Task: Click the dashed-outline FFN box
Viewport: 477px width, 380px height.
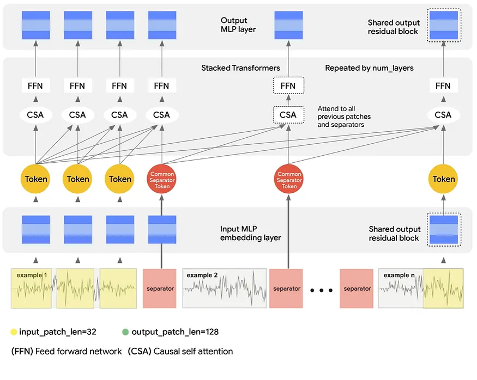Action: tap(288, 86)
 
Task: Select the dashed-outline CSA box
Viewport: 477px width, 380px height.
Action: tap(288, 115)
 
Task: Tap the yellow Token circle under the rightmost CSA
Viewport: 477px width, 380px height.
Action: tap(443, 179)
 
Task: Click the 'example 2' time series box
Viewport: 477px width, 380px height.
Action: tap(225, 288)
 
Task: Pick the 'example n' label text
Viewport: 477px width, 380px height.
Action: tap(400, 275)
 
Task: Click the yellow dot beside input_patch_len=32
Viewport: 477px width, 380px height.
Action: tap(13, 332)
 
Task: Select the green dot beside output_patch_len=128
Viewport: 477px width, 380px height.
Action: tap(125, 332)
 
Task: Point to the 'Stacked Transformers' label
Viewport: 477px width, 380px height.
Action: tap(240, 68)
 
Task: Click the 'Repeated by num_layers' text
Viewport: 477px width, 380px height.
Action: tap(369, 68)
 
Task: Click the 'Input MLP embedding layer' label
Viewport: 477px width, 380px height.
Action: tap(251, 234)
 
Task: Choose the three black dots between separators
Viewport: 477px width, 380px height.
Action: tap(321, 290)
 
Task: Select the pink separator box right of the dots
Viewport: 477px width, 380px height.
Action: tap(357, 289)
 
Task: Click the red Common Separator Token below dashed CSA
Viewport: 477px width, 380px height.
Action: tap(289, 179)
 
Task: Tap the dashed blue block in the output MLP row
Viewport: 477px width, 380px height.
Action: tap(443, 25)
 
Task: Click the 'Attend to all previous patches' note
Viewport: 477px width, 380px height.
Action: tap(341, 117)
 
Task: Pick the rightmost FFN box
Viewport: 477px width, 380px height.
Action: tap(443, 86)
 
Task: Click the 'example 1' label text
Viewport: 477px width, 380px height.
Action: tap(32, 275)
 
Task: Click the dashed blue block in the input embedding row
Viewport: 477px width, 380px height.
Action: tap(443, 230)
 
